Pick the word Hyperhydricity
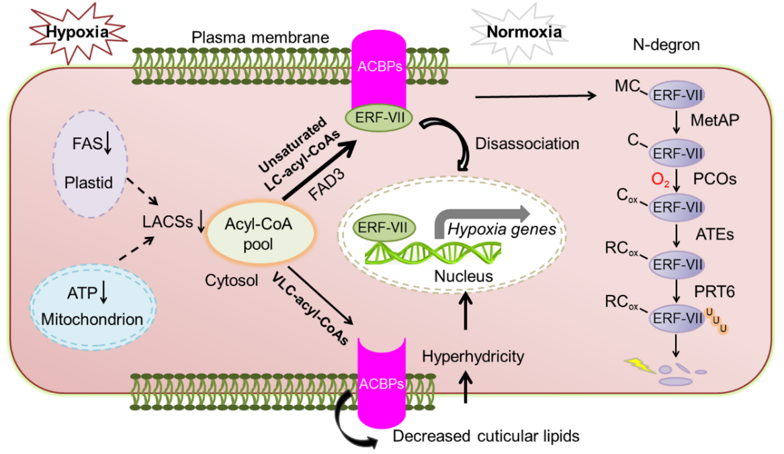(x=473, y=356)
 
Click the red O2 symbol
(x=658, y=179)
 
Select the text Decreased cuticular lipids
(x=486, y=436)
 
